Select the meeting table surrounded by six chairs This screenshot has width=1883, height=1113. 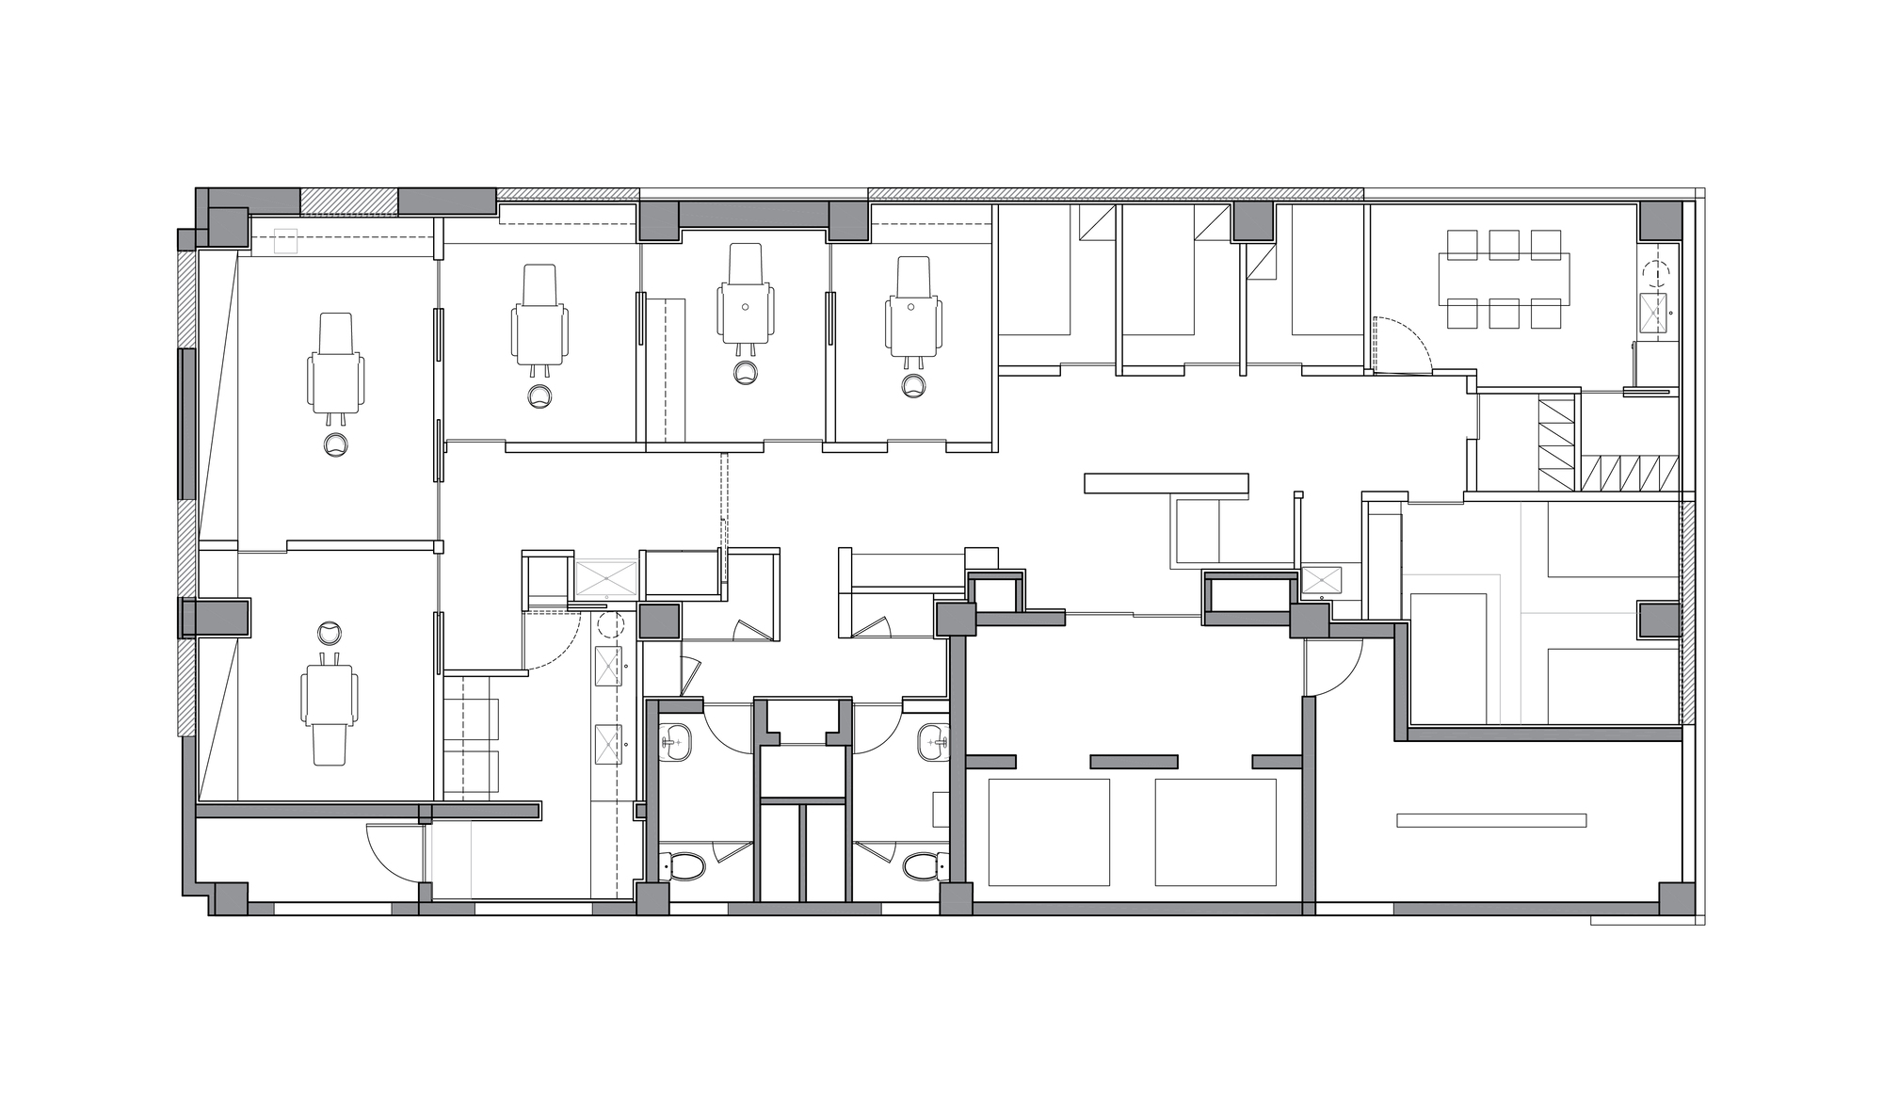[1504, 279]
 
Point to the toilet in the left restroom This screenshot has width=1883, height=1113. [684, 865]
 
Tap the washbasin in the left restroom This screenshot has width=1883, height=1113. [675, 742]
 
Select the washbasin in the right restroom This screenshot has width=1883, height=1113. [932, 742]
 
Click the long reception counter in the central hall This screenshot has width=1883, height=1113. [1166, 483]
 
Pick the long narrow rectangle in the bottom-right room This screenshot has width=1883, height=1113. [1491, 820]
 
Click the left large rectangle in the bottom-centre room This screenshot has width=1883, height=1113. [1049, 831]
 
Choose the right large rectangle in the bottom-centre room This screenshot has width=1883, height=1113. [1215, 831]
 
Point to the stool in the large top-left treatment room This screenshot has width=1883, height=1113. [335, 445]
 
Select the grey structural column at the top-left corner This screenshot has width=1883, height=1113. [227, 227]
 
